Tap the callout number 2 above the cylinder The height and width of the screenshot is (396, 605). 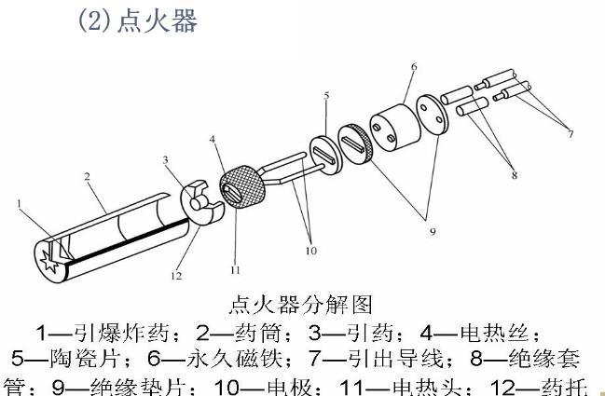tap(86, 176)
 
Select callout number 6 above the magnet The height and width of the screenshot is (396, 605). tap(414, 67)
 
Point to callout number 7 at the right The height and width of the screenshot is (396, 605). tap(570, 134)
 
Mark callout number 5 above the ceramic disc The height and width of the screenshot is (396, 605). tap(326, 96)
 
